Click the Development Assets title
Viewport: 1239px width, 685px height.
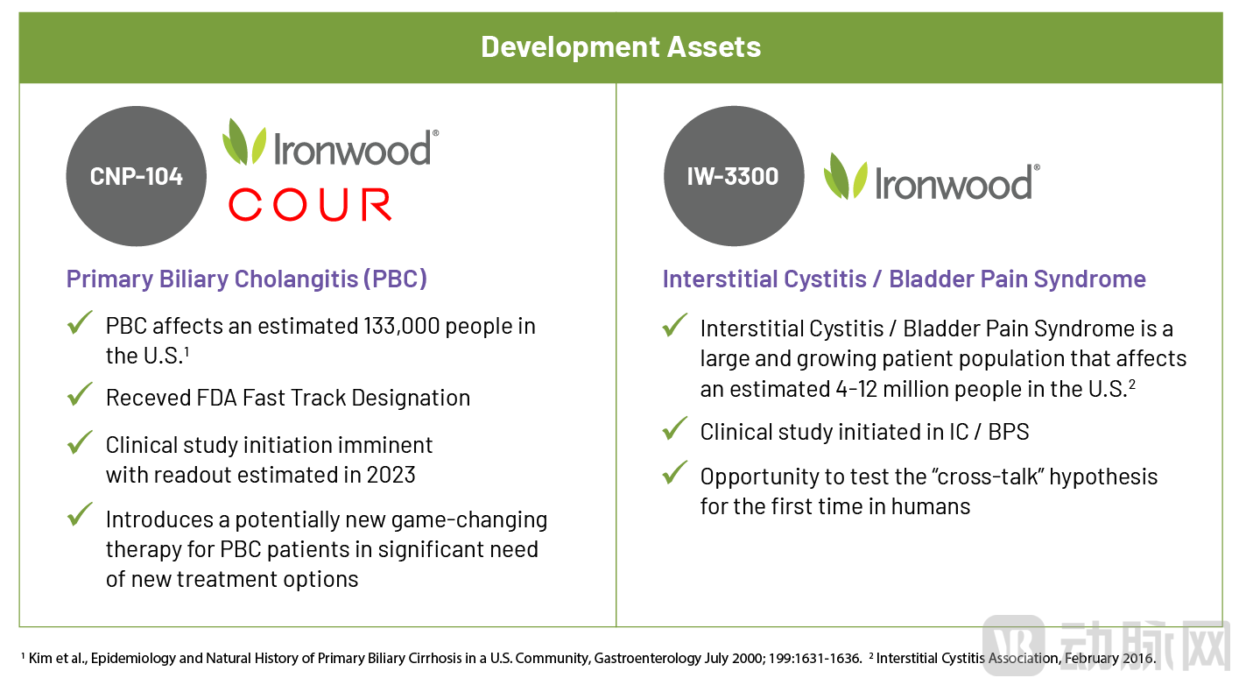(621, 46)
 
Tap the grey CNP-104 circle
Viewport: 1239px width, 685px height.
(136, 176)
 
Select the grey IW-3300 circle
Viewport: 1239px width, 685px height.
(734, 176)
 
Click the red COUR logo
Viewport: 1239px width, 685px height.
(310, 204)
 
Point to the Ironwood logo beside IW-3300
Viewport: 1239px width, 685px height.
(932, 177)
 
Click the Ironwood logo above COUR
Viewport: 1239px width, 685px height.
(331, 142)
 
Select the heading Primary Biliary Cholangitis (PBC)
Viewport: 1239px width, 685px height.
(247, 279)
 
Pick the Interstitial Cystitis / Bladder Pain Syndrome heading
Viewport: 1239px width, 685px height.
(905, 279)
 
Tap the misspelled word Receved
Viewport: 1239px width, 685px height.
(148, 398)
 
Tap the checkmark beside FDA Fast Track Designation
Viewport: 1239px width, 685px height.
(80, 394)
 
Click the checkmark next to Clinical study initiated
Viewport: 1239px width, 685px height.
(675, 428)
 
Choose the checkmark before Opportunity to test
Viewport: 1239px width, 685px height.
(675, 472)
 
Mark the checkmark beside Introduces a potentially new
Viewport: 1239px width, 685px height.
(80, 514)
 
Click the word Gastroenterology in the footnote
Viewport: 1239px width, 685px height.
(648, 659)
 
